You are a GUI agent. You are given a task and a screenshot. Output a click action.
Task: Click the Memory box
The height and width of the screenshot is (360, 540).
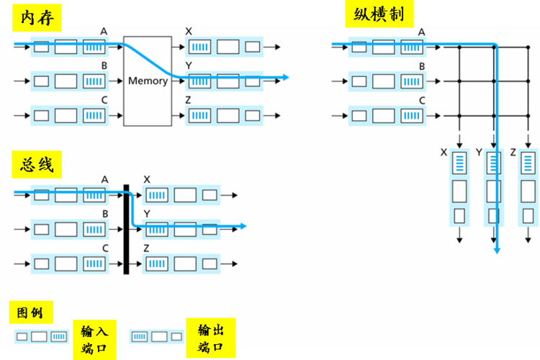(x=148, y=81)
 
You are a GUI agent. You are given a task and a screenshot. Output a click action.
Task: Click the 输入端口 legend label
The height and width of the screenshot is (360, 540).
(x=94, y=340)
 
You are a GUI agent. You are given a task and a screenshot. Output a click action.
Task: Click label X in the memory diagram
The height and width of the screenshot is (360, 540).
(x=189, y=31)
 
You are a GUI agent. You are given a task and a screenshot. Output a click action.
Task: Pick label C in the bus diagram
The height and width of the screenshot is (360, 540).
(x=105, y=248)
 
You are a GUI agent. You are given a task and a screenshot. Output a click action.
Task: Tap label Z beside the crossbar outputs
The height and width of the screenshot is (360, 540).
(x=512, y=152)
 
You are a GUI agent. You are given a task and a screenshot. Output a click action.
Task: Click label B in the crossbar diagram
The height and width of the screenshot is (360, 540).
(x=422, y=66)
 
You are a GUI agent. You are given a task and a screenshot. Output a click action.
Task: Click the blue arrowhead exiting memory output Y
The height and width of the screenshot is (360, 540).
(x=286, y=77)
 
